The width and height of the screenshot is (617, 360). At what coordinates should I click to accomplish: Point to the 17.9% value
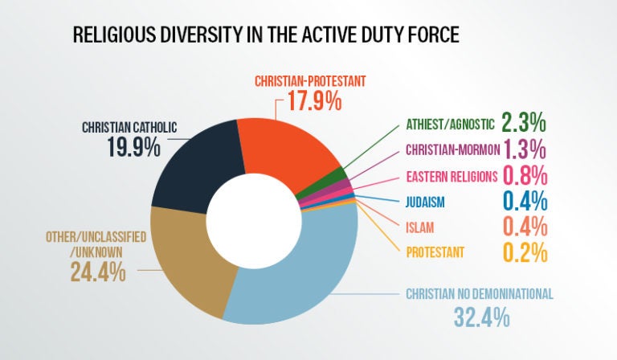tap(310, 102)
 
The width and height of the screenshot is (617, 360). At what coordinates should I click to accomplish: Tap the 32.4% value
tap(480, 316)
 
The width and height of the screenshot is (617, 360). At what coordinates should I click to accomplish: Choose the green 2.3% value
tap(524, 123)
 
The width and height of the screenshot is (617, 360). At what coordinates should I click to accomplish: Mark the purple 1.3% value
tap(524, 149)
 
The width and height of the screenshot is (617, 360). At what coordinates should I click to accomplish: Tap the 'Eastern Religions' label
tap(452, 175)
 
